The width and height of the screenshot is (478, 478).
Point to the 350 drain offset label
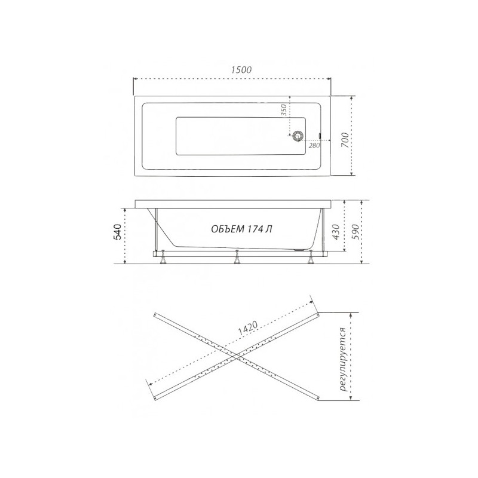pyautogui.click(x=284, y=111)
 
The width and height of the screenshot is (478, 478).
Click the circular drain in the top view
pyautogui.click(x=297, y=136)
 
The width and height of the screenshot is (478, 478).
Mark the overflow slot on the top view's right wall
pyautogui.click(x=320, y=136)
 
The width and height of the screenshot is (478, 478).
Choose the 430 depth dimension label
pyautogui.click(x=336, y=230)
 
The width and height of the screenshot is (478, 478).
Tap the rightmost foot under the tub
pyautogui.click(x=311, y=258)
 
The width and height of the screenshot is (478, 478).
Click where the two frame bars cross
pyautogui.click(x=237, y=356)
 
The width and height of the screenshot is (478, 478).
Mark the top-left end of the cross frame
pyautogui.click(x=155, y=314)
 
